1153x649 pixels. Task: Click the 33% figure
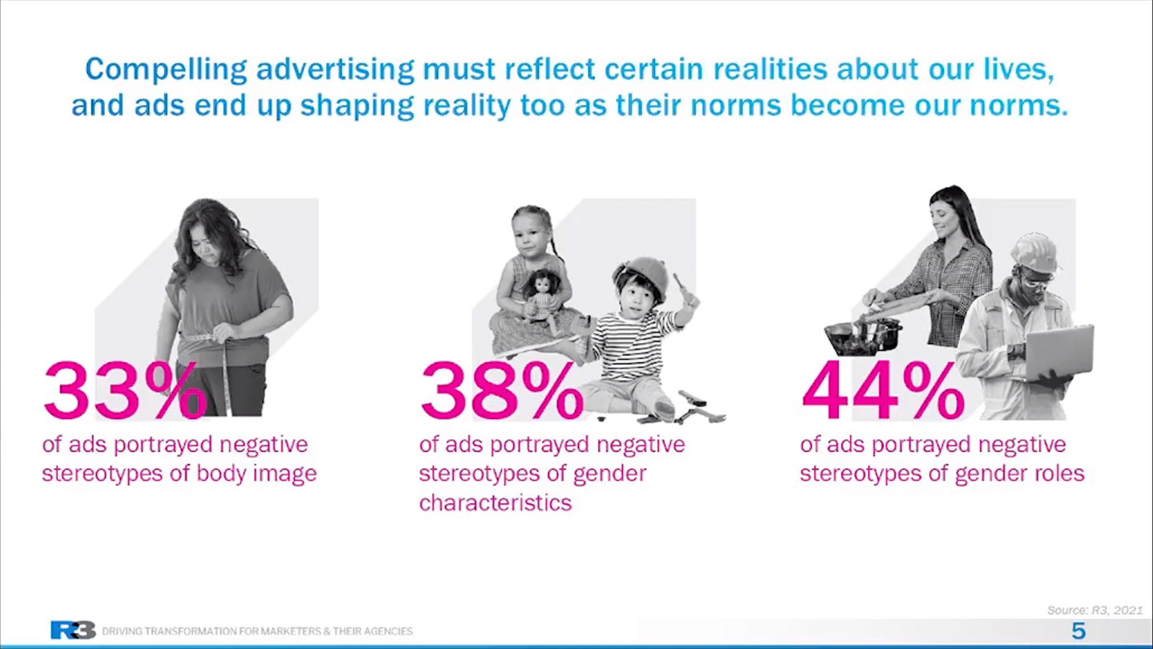pos(125,390)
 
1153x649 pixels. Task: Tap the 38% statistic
pos(502,390)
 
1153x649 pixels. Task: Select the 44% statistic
pos(882,390)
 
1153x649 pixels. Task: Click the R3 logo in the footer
pos(73,630)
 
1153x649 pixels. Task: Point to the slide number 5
pos(1079,631)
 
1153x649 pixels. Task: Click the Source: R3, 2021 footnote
pos(1095,611)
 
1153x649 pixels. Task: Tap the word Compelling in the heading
pos(166,70)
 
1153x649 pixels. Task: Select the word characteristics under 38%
pos(495,502)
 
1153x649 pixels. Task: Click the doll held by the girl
pos(541,299)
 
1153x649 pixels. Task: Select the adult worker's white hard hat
pos(1034,252)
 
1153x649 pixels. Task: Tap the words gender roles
pos(1019,474)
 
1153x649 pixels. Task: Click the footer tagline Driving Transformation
pos(257,631)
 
